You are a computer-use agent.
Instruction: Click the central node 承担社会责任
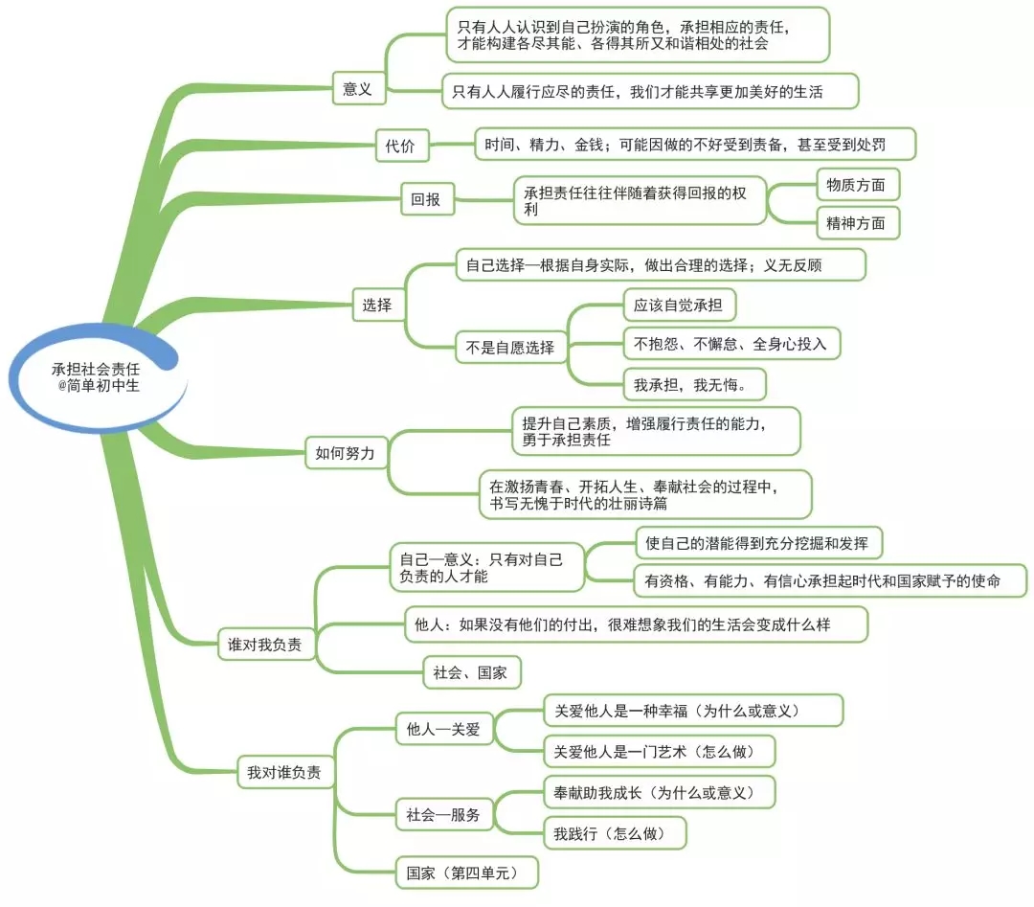point(96,376)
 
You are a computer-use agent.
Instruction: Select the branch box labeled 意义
point(357,90)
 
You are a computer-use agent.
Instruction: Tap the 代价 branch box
point(400,147)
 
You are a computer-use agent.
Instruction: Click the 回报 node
point(426,200)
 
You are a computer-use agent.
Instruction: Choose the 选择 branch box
point(376,306)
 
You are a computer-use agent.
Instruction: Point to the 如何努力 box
point(345,452)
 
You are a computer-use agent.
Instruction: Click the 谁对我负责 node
point(265,646)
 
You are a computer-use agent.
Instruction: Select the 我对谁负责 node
point(284,772)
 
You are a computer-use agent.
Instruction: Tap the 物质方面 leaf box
point(857,184)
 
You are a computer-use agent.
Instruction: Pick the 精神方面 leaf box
point(857,224)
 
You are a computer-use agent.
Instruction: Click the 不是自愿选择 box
point(510,348)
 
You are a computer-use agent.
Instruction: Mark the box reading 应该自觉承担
point(679,306)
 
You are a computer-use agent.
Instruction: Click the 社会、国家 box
point(471,672)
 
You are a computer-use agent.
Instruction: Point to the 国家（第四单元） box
point(466,873)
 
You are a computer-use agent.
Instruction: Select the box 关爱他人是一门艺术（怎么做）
point(658,751)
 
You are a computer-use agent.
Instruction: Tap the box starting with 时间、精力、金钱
point(695,145)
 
